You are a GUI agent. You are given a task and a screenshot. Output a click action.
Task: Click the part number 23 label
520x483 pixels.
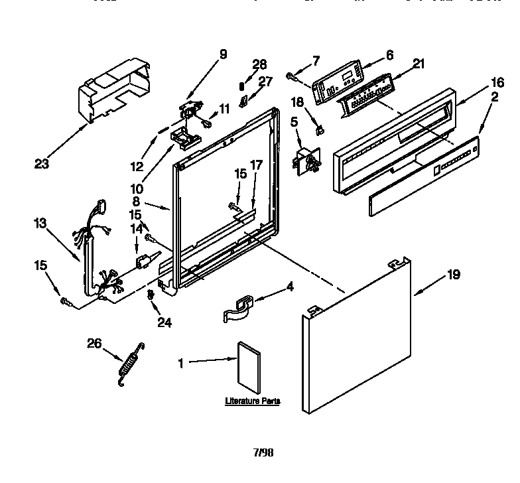click(42, 163)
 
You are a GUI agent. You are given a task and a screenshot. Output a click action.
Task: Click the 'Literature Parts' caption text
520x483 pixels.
click(251, 401)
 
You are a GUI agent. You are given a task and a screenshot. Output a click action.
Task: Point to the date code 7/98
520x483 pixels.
click(263, 453)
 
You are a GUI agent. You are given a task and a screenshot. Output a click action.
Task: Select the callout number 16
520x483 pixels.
click(477, 84)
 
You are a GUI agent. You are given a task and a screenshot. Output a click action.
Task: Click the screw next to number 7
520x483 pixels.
click(292, 78)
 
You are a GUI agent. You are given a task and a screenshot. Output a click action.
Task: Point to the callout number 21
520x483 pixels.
click(418, 63)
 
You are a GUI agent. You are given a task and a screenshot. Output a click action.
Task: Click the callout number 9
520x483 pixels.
click(223, 54)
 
